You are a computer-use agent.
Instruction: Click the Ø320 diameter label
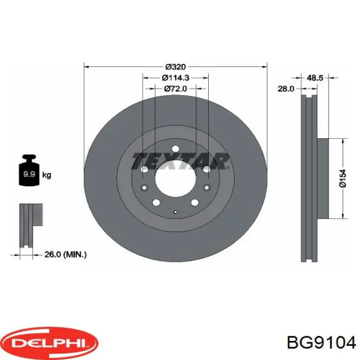click(x=175, y=66)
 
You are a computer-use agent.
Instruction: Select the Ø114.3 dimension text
click(x=175, y=78)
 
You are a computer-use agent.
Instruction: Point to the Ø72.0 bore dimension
click(x=175, y=89)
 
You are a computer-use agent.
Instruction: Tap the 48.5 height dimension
click(x=315, y=78)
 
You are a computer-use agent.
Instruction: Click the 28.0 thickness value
click(x=285, y=88)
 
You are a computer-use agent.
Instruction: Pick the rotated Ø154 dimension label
click(x=343, y=178)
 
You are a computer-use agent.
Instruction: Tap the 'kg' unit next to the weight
click(x=47, y=175)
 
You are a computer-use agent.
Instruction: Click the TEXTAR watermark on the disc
click(x=180, y=161)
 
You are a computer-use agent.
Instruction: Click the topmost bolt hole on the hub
click(x=175, y=149)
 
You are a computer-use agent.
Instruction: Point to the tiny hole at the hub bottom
click(x=175, y=212)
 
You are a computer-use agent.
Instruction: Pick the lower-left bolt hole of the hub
click(x=157, y=202)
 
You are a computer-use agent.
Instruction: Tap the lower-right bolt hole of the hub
click(x=194, y=202)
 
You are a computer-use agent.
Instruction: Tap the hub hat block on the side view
click(x=323, y=178)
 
